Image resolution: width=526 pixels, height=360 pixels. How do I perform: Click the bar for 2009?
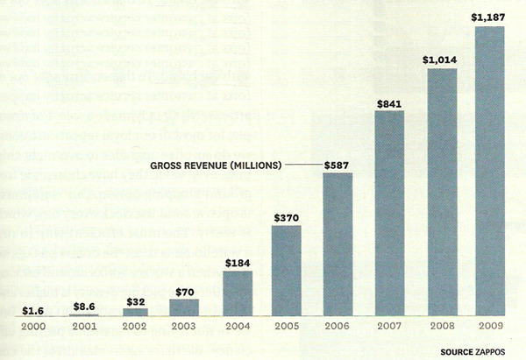point(489,171)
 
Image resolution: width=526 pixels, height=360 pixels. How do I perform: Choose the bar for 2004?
point(236,293)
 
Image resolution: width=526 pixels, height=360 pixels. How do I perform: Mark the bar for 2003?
point(184,307)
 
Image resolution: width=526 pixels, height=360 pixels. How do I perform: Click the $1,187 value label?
point(489,17)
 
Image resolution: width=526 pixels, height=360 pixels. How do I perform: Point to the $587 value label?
point(338,164)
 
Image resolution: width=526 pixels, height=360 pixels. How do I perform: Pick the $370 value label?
point(286,217)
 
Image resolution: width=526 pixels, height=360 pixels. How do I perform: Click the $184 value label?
point(236,262)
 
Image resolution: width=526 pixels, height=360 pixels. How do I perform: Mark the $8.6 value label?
point(83,307)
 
